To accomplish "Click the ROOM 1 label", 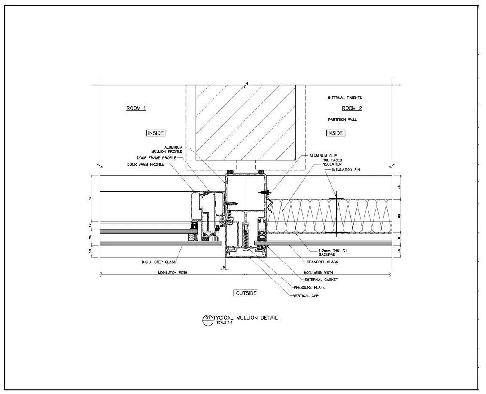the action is [x=136, y=108].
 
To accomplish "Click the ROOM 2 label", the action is [x=352, y=108].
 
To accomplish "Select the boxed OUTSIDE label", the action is [x=246, y=293].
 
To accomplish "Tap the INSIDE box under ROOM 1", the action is [x=155, y=133].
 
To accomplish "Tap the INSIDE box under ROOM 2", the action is [x=335, y=133].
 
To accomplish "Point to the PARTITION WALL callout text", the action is [x=343, y=120].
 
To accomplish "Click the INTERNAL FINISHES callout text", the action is [x=345, y=98].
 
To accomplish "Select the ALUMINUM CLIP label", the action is [x=323, y=156].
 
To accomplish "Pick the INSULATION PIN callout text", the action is [x=346, y=169].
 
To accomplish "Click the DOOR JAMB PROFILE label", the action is [x=146, y=164].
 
